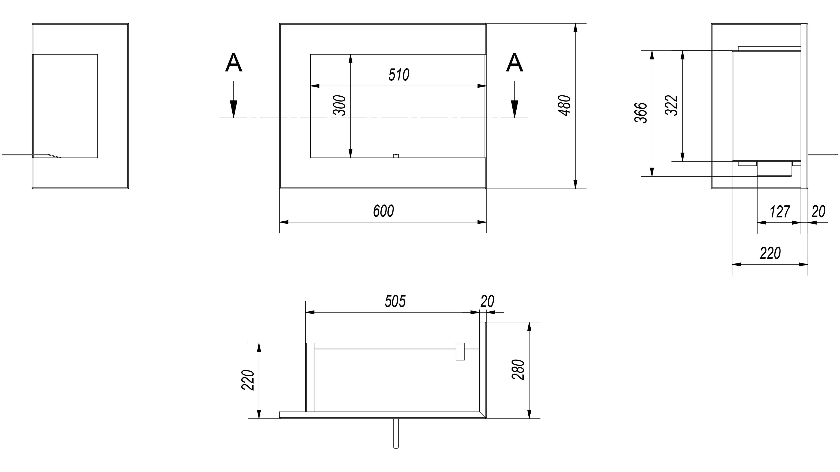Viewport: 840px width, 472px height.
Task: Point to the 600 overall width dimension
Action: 384,211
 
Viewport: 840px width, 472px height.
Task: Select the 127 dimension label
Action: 780,212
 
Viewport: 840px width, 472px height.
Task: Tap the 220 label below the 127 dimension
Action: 770,253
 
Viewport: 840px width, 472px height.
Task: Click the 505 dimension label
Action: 395,301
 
